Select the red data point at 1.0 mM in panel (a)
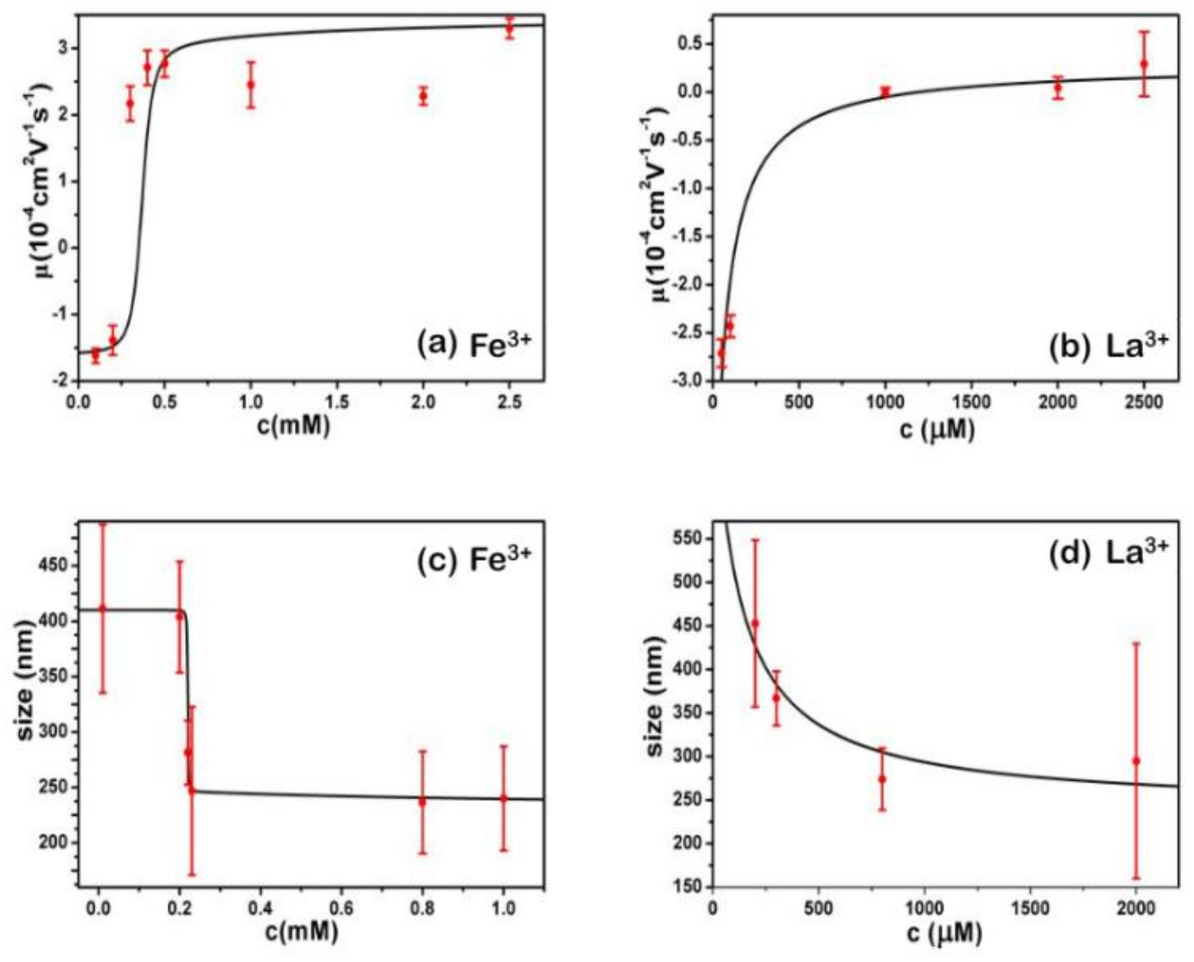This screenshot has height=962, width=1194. (x=251, y=85)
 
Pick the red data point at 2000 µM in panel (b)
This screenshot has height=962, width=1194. (x=1058, y=87)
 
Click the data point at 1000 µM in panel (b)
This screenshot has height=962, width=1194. (x=885, y=92)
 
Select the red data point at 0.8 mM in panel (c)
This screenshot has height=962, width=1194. (x=422, y=802)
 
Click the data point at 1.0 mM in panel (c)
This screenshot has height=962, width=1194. (x=503, y=798)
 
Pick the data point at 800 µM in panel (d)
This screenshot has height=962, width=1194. (x=882, y=778)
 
